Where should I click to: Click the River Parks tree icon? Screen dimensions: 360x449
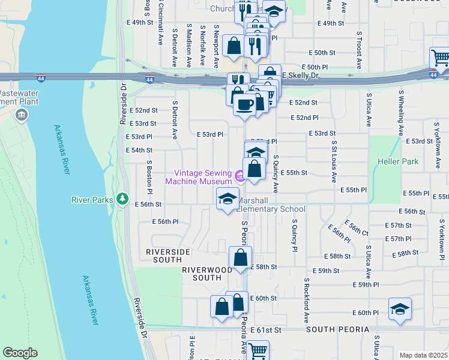click(x=122, y=199)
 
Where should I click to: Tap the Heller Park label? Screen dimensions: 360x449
click(x=398, y=161)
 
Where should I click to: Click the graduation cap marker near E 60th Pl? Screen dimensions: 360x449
click(x=400, y=309)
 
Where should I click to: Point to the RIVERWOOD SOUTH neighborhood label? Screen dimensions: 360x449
click(x=207, y=274)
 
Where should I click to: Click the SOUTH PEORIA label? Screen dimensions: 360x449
click(x=337, y=330)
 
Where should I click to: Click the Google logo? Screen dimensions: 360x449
click(x=20, y=353)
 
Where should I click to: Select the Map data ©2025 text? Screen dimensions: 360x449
click(x=423, y=355)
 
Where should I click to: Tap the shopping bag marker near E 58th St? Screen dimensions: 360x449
click(x=240, y=257)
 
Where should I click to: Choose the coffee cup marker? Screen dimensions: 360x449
click(x=244, y=104)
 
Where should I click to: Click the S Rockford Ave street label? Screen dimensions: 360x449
click(x=306, y=300)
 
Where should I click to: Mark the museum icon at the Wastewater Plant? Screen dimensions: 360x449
click(x=22, y=115)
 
